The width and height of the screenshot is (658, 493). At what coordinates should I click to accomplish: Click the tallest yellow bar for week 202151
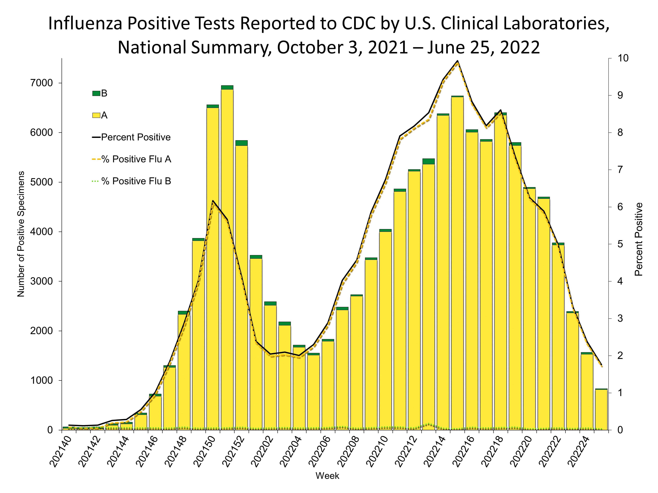[x=227, y=259]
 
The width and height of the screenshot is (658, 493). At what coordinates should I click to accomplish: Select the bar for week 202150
[x=213, y=267]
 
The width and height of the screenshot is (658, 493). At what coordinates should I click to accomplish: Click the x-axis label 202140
[x=60, y=452]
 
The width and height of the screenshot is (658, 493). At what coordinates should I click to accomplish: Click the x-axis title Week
[x=327, y=476]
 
